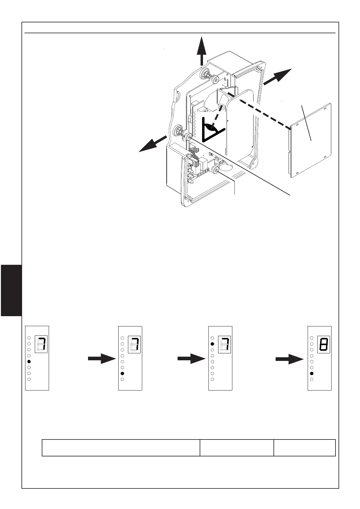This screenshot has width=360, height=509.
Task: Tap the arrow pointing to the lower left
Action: [x=152, y=144]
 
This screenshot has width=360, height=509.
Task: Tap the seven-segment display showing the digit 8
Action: [x=323, y=344]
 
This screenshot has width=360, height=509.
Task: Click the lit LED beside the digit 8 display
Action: [x=312, y=374]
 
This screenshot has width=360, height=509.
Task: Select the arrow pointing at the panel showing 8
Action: [x=289, y=359]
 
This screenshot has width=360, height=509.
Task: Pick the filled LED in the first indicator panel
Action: [x=29, y=361]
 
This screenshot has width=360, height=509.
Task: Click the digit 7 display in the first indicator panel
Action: [x=41, y=344]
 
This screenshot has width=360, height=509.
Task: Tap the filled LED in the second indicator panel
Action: [x=122, y=374]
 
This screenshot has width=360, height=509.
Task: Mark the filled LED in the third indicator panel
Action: [x=212, y=344]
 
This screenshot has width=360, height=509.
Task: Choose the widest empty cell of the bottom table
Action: [x=121, y=447]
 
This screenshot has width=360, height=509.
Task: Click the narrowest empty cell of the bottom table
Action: [x=304, y=447]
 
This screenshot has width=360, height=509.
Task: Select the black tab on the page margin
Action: [x=11, y=290]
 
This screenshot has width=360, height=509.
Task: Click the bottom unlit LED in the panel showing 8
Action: [x=312, y=379]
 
